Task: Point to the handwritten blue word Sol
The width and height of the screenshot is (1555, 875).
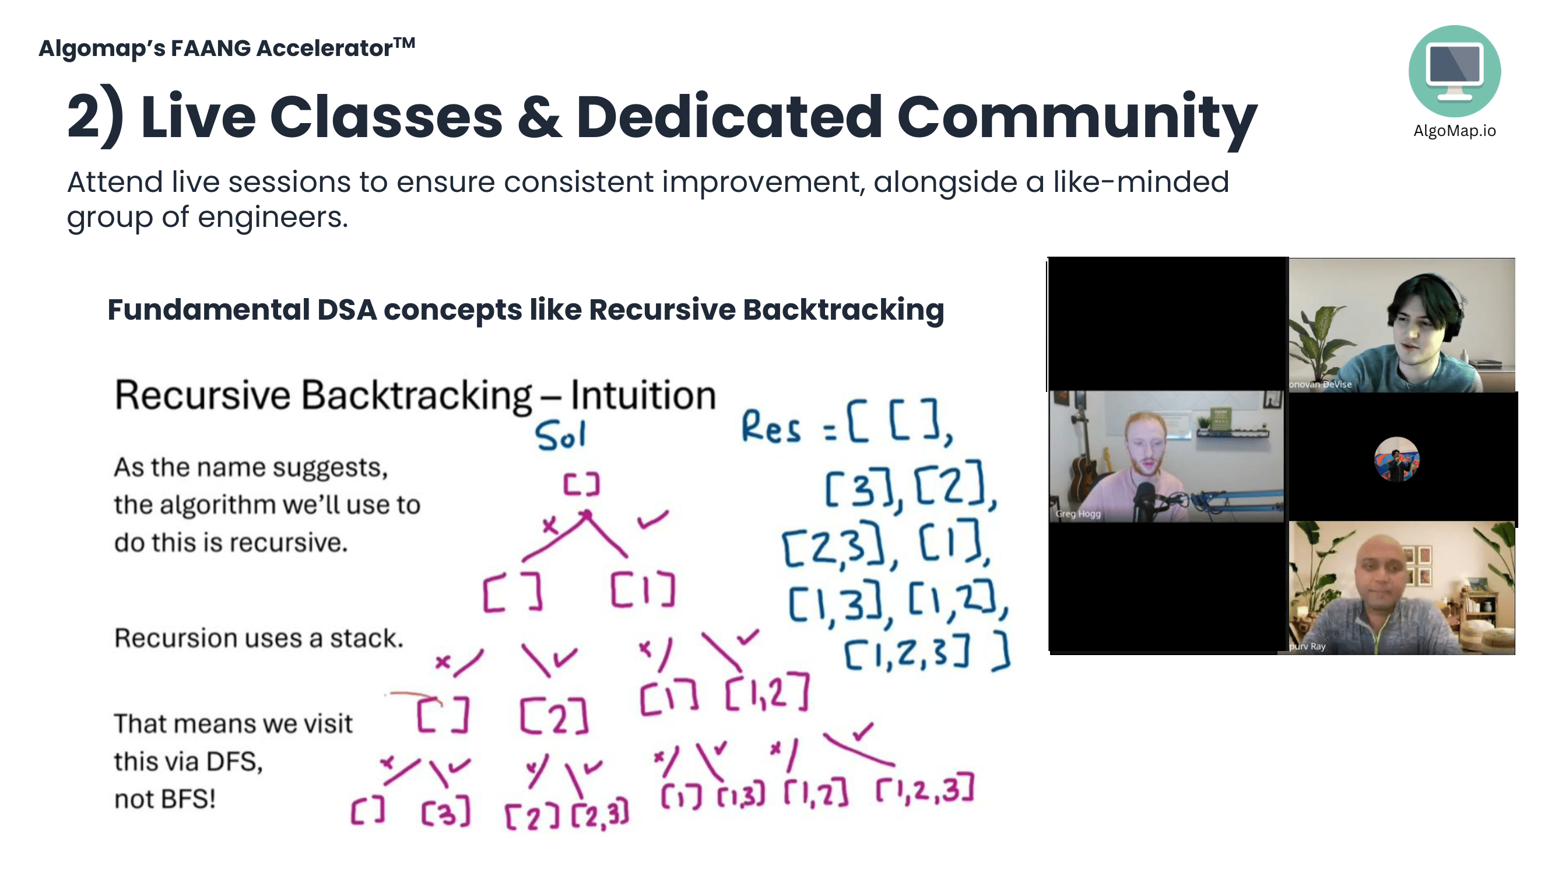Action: pyautogui.click(x=560, y=435)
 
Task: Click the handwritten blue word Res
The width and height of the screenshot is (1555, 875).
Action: pyautogui.click(x=771, y=428)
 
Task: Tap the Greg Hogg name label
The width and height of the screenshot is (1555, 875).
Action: pyautogui.click(x=1078, y=513)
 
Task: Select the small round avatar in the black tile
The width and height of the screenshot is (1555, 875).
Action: pyautogui.click(x=1396, y=459)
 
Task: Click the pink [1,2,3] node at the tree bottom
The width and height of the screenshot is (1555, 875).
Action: pyautogui.click(x=924, y=790)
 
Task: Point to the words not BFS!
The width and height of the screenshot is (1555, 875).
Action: pyautogui.click(x=165, y=799)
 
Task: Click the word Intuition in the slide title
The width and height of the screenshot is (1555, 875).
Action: pyautogui.click(x=643, y=395)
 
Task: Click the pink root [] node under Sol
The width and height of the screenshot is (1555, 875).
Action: pyautogui.click(x=581, y=484)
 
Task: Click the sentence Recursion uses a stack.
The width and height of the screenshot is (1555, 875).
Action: pyautogui.click(x=258, y=638)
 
